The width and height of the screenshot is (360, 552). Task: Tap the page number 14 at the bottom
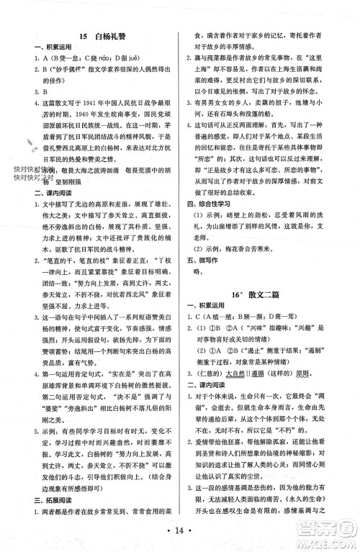pyautogui.click(x=181, y=530)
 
